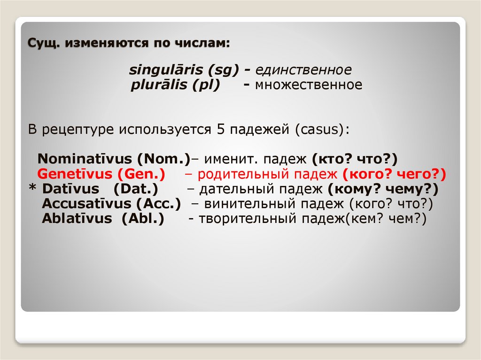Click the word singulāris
click(x=166, y=70)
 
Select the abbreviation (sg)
click(x=223, y=70)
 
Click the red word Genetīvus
click(x=75, y=174)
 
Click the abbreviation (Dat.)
click(x=135, y=189)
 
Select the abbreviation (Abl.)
click(x=143, y=219)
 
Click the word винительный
click(x=248, y=204)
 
